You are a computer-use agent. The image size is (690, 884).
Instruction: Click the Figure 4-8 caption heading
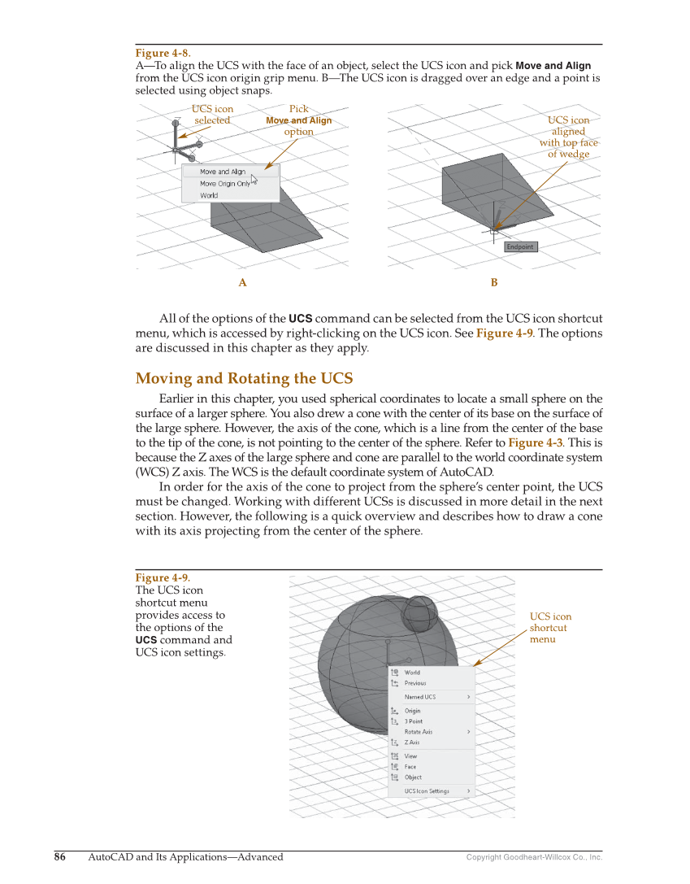coord(163,54)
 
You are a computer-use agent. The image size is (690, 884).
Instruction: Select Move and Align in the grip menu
coord(223,172)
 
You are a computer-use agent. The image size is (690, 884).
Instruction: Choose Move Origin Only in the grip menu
coord(225,184)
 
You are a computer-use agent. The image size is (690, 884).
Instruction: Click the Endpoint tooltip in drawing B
coord(520,247)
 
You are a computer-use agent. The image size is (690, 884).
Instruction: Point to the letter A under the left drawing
coord(242,283)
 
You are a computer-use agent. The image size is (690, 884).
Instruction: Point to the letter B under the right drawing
coord(494,283)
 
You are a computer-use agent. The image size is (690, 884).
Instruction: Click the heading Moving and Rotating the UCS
coord(244,378)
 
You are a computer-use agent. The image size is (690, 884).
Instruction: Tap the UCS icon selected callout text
coord(212,115)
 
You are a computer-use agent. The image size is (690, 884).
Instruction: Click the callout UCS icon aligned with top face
coord(568,137)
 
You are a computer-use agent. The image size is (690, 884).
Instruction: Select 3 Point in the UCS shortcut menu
coord(414,721)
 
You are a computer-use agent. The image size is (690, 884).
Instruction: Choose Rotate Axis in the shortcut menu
coord(419,732)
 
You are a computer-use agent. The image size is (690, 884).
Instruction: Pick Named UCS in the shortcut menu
coord(420,697)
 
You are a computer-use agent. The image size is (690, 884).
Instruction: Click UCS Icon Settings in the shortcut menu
coord(427,791)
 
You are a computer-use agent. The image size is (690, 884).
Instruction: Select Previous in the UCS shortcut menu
coord(415,683)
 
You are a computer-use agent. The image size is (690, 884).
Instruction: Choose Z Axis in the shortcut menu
coord(412,742)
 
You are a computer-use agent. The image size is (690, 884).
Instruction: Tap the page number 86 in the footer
coord(60,856)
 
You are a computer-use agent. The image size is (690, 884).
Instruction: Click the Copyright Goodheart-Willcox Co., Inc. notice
coord(534,857)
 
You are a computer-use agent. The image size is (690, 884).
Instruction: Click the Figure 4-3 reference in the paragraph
coord(535,442)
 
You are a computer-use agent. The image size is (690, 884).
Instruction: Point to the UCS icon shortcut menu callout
coord(550,628)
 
